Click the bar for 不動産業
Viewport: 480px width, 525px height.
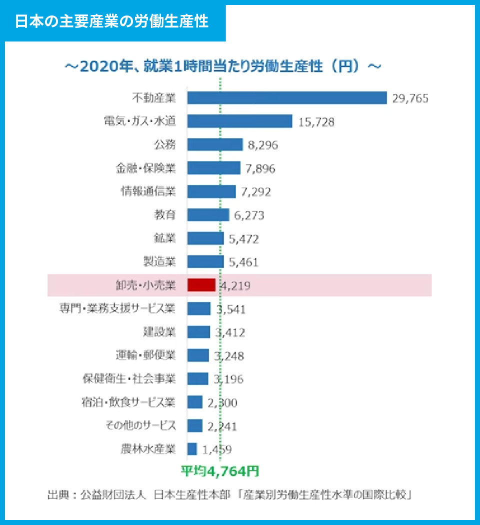(x=287, y=98)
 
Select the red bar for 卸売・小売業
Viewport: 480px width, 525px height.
(x=201, y=285)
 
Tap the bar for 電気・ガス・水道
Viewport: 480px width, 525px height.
(x=239, y=121)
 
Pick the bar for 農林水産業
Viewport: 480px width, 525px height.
(x=192, y=449)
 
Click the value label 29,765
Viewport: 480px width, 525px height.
(x=410, y=98)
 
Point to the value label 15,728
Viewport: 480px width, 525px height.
(x=316, y=122)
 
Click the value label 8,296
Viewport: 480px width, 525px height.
(x=262, y=145)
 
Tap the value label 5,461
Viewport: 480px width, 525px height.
(x=243, y=262)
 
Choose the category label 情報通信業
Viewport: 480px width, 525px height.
(x=148, y=191)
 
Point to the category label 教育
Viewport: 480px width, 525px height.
(x=165, y=215)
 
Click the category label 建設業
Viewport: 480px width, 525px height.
(x=159, y=331)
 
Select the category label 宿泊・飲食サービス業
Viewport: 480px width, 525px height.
(x=128, y=402)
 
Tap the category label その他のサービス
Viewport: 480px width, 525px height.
(x=140, y=425)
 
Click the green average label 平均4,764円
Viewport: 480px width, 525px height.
(x=219, y=471)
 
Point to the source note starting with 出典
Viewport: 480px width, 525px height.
(x=229, y=495)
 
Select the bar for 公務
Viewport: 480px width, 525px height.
(x=215, y=145)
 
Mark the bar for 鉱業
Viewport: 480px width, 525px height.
(x=205, y=238)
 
